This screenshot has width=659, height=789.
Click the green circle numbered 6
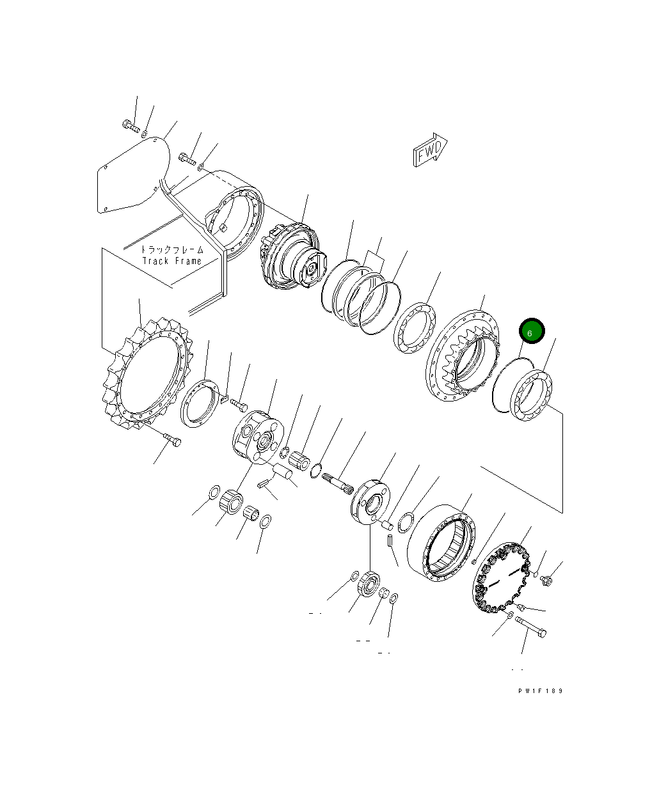[x=531, y=332]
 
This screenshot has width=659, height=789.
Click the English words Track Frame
[x=171, y=261]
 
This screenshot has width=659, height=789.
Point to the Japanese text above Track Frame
[x=171, y=249]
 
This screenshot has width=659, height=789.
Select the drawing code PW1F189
[x=541, y=691]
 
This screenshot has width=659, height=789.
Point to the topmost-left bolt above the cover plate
[x=130, y=125]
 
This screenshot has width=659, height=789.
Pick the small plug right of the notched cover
[x=546, y=581]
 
